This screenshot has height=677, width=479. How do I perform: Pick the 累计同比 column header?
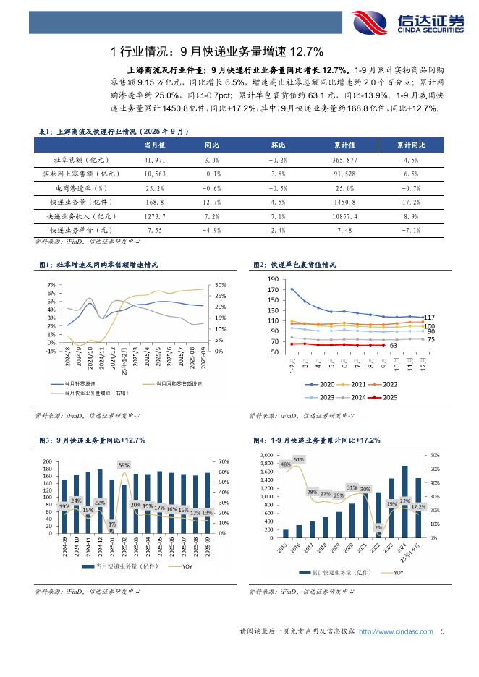(x=410, y=145)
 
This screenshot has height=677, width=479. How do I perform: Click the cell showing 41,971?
(x=155, y=159)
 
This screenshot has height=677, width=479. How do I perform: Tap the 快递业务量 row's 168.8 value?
(x=155, y=202)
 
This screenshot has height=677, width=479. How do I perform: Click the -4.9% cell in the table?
(x=211, y=230)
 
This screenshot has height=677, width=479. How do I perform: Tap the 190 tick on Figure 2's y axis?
(x=273, y=279)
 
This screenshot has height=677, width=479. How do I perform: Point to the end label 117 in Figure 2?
(x=429, y=318)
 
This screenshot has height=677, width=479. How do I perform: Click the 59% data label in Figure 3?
(x=124, y=465)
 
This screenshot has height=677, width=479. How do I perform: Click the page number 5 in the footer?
(x=441, y=631)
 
